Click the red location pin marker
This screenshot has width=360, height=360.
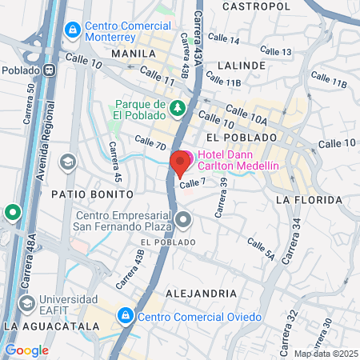pos(179,162)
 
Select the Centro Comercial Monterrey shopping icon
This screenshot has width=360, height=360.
pos(73,30)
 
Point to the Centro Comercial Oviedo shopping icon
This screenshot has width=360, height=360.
pos(126,317)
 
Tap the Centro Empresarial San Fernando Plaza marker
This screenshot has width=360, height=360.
pos(184,218)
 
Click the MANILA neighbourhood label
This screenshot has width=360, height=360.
pos(133,54)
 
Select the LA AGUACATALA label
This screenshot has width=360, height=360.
pos(51,327)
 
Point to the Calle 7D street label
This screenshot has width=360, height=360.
pos(150,143)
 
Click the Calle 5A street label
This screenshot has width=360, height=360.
pos(261,249)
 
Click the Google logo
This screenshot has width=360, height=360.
pos(26,350)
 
